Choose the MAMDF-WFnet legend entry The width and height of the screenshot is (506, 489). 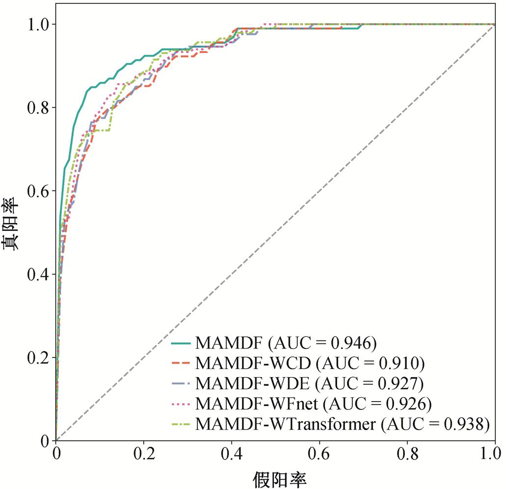(x=257, y=404)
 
